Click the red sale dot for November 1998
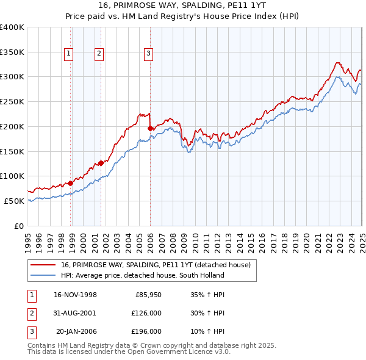click(71, 182)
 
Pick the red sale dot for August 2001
click(101, 163)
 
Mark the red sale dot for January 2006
click(150, 128)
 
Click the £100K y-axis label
click(13, 176)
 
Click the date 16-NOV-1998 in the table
click(75, 295)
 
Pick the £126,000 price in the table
click(146, 314)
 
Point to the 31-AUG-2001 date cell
click(75, 314)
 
